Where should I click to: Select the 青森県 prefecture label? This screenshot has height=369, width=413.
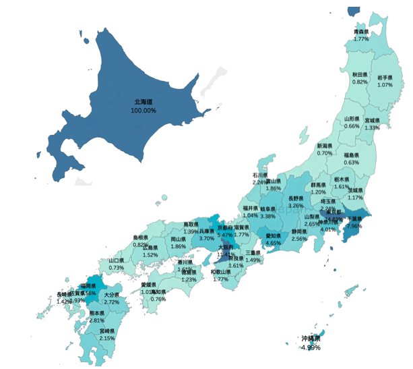[x=361, y=32]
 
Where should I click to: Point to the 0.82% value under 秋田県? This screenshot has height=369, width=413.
[x=360, y=82]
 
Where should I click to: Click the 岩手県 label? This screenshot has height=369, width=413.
[x=385, y=78]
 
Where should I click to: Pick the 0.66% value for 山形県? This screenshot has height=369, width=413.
[x=352, y=126]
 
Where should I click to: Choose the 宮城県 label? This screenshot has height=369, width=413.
[x=373, y=121]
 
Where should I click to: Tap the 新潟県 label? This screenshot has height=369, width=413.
[x=325, y=146]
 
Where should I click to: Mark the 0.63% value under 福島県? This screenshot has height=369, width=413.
[x=351, y=163]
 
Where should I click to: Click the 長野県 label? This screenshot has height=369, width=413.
[x=296, y=198]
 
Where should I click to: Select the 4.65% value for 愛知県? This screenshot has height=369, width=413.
[x=273, y=243]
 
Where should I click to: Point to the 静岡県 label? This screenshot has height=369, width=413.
[x=300, y=232]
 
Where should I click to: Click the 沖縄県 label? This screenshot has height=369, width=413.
[x=311, y=339]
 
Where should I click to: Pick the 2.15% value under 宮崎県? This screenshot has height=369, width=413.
[x=106, y=338]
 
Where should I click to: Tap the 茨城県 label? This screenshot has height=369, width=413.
[x=356, y=190]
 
